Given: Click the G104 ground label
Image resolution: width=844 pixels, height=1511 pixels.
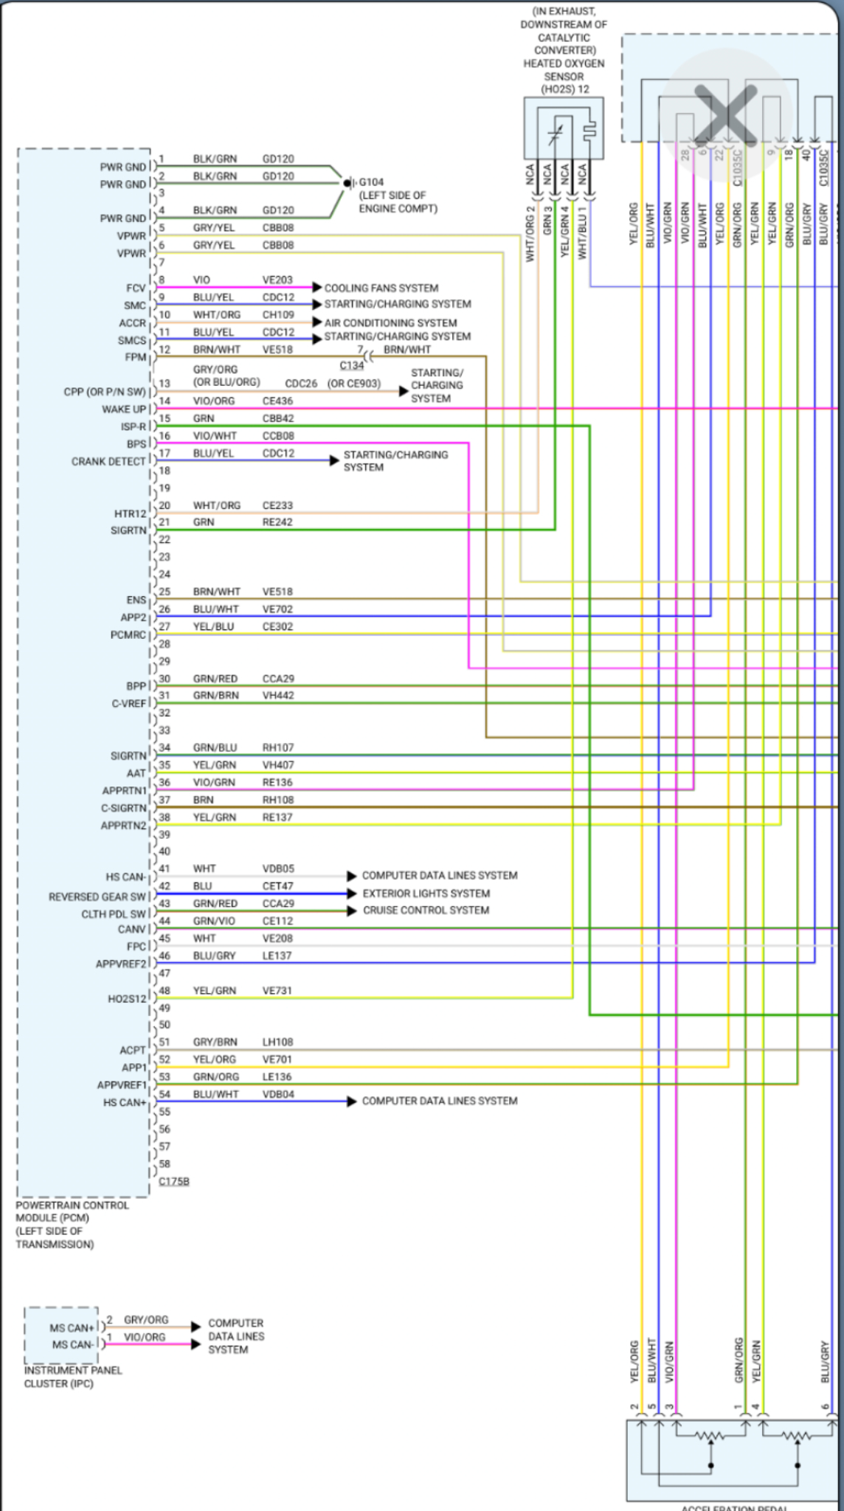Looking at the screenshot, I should click(x=371, y=182).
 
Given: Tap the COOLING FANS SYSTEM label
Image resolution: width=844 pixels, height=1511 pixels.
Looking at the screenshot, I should click(x=381, y=288).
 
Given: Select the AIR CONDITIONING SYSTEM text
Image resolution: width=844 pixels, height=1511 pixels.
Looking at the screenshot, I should click(x=390, y=322).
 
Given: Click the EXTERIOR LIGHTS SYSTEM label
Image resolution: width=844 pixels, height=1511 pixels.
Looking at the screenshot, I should click(x=426, y=893).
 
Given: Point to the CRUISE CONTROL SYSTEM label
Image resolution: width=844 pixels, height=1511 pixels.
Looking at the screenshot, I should click(x=426, y=910).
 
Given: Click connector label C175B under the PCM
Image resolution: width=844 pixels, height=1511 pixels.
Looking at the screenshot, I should click(x=174, y=1181).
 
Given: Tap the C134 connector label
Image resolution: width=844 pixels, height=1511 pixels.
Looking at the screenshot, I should click(x=351, y=365).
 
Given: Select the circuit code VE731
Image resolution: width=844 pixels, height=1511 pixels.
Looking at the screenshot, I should click(x=277, y=990).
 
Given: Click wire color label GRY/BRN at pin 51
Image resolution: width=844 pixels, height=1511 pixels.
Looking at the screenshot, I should click(x=215, y=1042).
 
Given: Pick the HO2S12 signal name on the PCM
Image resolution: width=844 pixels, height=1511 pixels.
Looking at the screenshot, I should click(x=127, y=999).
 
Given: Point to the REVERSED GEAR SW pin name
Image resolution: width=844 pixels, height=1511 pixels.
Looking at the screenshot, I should click(x=97, y=896).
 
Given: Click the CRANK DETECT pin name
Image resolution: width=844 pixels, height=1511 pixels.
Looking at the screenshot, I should click(x=108, y=461).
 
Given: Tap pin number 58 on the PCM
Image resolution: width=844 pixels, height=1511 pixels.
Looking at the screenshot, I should click(x=165, y=1163).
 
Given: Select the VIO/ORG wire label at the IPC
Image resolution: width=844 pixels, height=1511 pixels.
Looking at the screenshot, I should click(x=145, y=1337).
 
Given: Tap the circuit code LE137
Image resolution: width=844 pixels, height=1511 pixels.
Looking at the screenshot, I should click(x=277, y=955).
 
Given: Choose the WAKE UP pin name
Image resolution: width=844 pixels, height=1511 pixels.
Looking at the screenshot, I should click(x=124, y=409).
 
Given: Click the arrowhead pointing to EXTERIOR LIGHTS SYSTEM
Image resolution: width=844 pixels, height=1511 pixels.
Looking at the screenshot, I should click(x=352, y=893).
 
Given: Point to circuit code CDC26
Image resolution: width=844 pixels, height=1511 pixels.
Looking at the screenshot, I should click(x=301, y=384).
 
